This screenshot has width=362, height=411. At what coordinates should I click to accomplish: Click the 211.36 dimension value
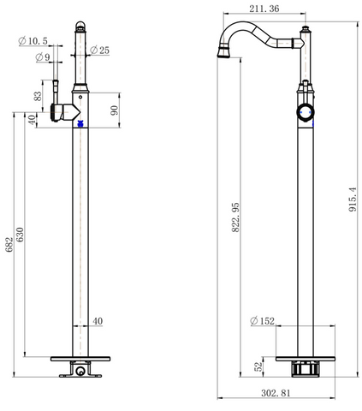264,9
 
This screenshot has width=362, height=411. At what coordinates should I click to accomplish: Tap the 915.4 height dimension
353,200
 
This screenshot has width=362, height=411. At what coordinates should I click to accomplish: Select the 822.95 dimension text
235,217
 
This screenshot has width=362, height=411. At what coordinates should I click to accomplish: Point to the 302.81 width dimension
276,393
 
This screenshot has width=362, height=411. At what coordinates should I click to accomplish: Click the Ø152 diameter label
262,321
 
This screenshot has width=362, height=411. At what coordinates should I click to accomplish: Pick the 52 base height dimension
258,366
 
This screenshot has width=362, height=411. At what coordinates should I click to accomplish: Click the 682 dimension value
9,244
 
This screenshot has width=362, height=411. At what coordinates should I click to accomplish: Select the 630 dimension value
21,235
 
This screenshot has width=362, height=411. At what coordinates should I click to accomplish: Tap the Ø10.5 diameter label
33,41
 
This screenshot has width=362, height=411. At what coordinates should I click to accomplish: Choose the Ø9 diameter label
43,57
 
